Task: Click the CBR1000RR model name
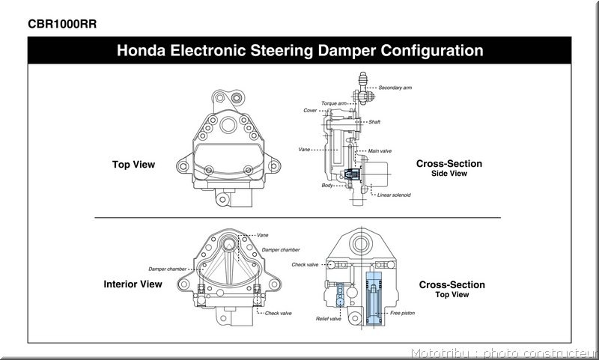click(62, 24)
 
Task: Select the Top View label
click(134, 165)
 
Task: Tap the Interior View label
click(133, 284)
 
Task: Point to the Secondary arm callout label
click(395, 88)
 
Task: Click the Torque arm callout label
click(334, 103)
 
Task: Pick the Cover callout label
click(310, 110)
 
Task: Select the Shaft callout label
click(374, 122)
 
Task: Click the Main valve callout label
click(380, 150)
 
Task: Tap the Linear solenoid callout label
click(394, 195)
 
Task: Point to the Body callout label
click(327, 185)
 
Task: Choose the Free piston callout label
click(402, 313)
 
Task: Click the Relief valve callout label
click(329, 319)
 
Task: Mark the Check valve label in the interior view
click(278, 313)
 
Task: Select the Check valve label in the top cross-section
click(305, 264)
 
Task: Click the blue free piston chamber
click(374, 299)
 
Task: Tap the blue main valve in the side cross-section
click(351, 174)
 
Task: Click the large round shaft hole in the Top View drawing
click(228, 125)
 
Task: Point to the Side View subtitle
click(449, 174)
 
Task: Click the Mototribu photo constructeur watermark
click(504, 353)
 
